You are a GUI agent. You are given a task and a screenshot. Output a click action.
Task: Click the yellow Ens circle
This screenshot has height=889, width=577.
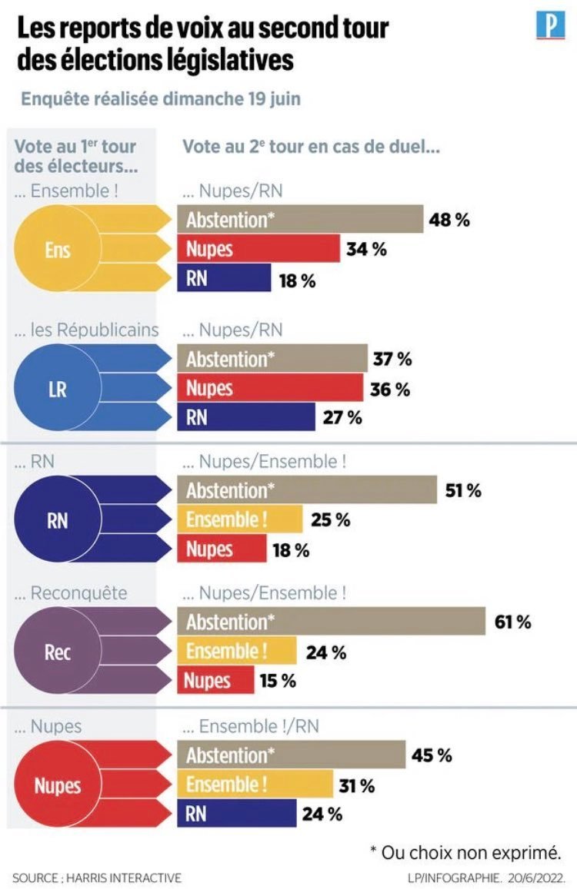pos(58,249)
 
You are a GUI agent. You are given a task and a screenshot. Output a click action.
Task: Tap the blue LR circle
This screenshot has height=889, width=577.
pos(58,388)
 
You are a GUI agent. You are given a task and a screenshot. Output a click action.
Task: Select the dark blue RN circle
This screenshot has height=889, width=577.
pos(58,520)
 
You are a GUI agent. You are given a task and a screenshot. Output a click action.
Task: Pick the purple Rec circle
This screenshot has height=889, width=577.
pos(58,652)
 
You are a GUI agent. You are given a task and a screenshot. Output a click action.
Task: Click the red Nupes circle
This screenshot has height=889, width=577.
pos(58,785)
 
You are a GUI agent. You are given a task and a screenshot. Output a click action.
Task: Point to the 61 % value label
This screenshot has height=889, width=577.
pos(513,622)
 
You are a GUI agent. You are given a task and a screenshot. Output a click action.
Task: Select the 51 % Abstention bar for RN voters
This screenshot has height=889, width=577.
pos(308,490)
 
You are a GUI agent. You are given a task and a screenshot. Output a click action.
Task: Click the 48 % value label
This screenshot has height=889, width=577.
pos(450,220)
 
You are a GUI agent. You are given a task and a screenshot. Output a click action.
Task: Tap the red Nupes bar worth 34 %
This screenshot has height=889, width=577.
pos(258,249)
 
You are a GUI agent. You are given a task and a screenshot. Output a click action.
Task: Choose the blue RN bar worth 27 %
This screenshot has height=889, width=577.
pos(246,418)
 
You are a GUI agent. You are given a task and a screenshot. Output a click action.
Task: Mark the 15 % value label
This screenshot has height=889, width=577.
pos(277,681)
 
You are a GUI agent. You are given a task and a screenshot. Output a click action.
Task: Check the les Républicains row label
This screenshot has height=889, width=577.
pos(87,330)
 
